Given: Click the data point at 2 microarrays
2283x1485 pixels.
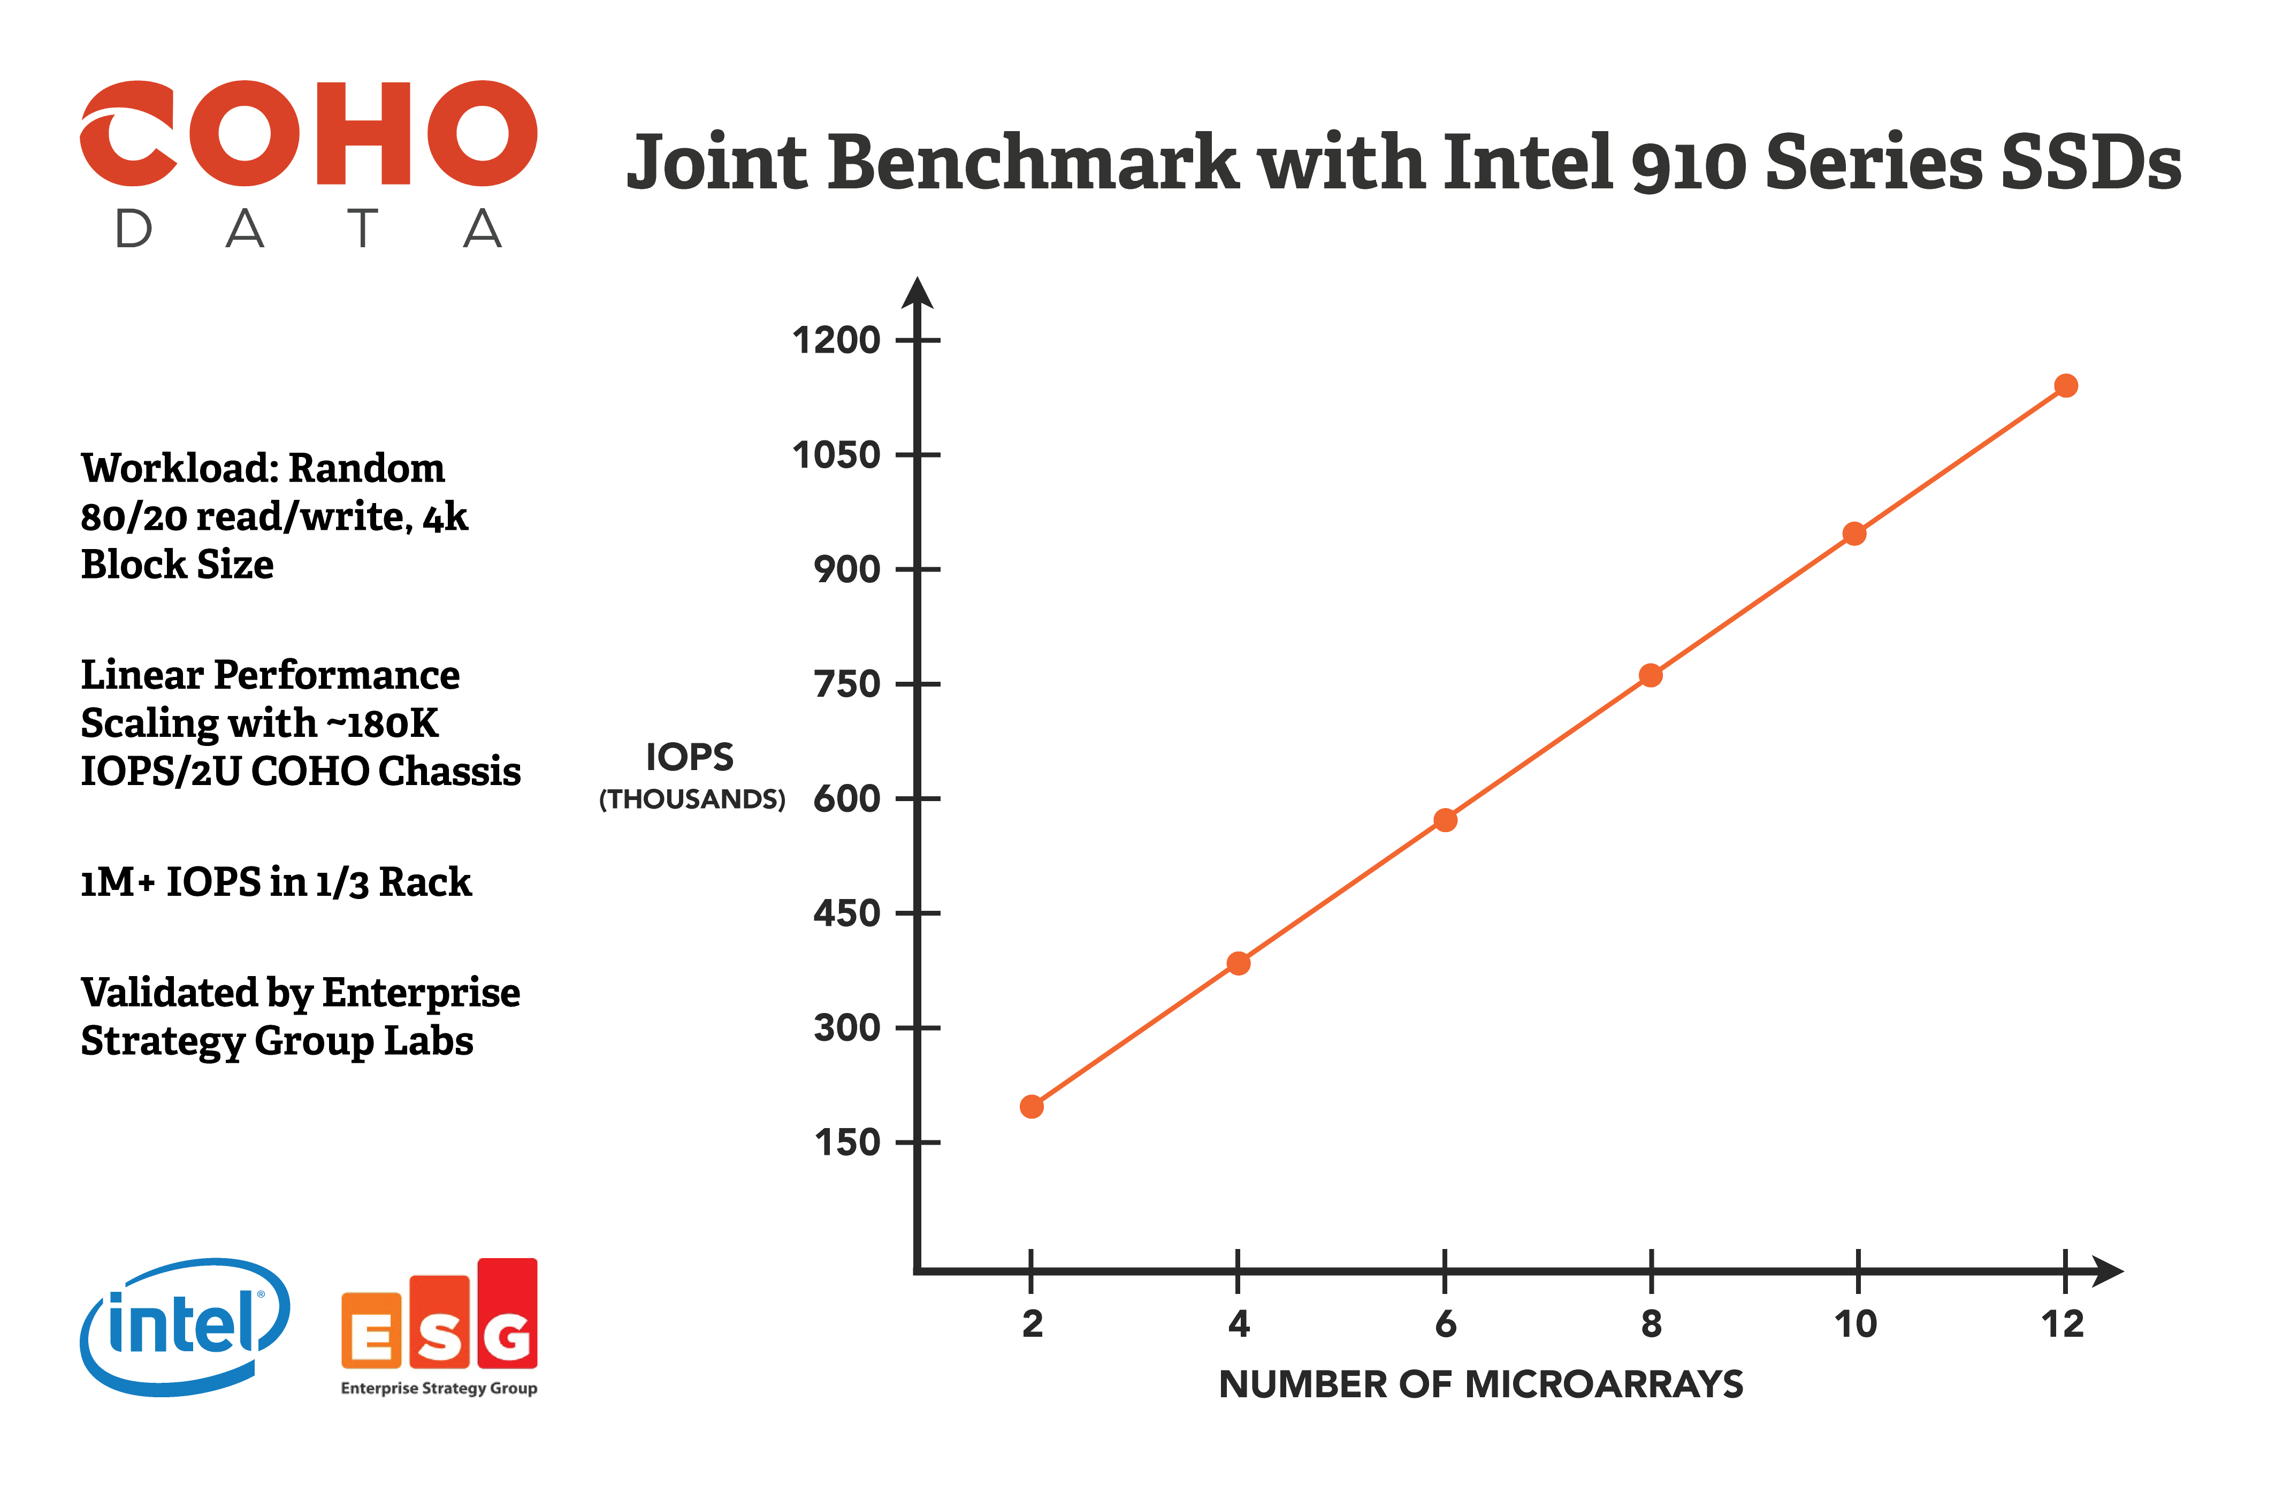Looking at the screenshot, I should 1031,1106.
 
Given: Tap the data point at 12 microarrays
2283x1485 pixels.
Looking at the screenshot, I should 2065,386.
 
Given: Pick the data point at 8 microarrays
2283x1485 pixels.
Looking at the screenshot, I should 1650,675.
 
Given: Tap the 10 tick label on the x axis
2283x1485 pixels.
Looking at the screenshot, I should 1855,1324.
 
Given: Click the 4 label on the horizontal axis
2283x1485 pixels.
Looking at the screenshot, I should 1239,1324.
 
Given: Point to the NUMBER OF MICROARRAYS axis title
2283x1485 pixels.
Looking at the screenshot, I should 1480,1384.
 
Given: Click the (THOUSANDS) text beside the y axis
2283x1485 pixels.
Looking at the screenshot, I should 692,799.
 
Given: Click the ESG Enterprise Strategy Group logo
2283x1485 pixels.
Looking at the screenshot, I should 439,1327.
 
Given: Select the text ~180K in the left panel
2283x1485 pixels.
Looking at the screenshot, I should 383,724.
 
